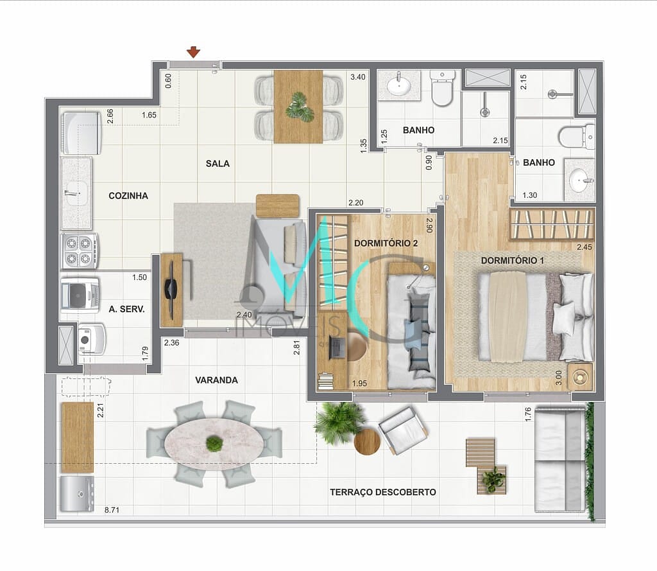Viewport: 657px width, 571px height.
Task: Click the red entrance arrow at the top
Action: tap(194, 52)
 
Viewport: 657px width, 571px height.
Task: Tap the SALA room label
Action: tap(218, 163)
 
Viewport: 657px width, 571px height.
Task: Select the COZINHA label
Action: tap(128, 196)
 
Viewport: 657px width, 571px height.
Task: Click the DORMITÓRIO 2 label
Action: tap(386, 243)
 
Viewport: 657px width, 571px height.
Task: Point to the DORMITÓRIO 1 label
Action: tap(513, 260)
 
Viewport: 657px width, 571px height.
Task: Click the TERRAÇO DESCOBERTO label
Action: tap(383, 492)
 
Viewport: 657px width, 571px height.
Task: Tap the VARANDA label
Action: tap(216, 380)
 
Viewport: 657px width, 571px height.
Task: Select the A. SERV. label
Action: tap(126, 309)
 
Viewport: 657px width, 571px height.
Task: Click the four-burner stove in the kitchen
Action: tap(80, 250)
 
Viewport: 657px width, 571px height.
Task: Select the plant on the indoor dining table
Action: tap(299, 106)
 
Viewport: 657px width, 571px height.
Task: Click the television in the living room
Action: tap(172, 289)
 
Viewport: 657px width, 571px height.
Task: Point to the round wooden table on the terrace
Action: tap(367, 441)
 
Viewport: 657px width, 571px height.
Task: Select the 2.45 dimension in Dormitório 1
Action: tap(584, 247)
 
